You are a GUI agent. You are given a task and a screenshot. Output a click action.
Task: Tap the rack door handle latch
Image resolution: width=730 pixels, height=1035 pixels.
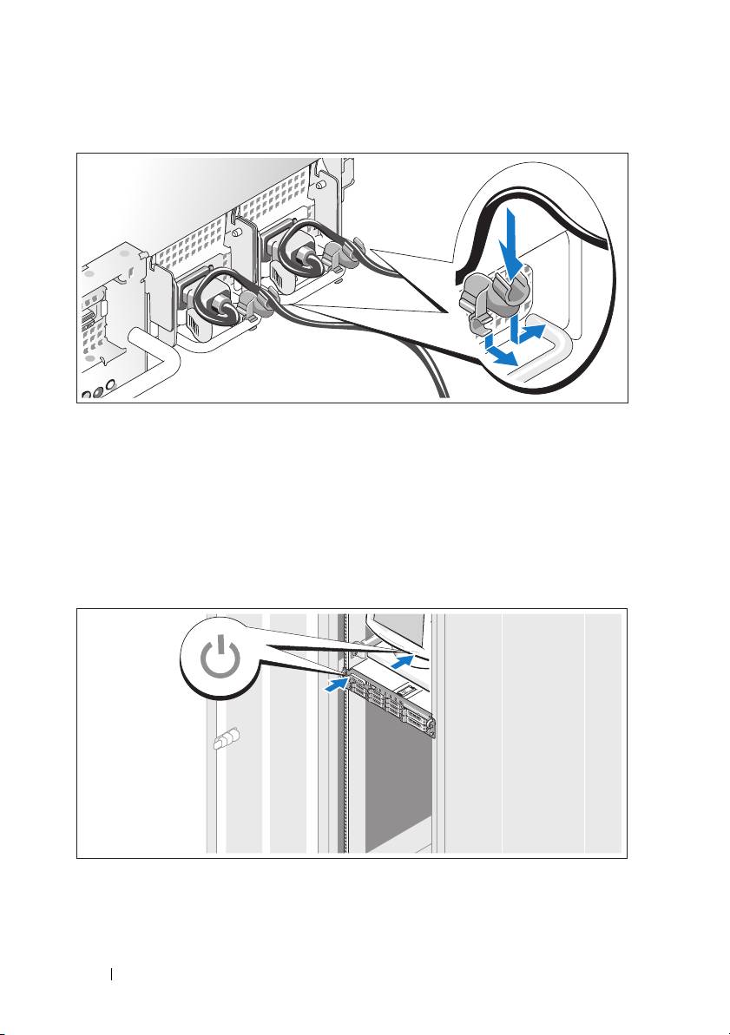pyautogui.click(x=224, y=742)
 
